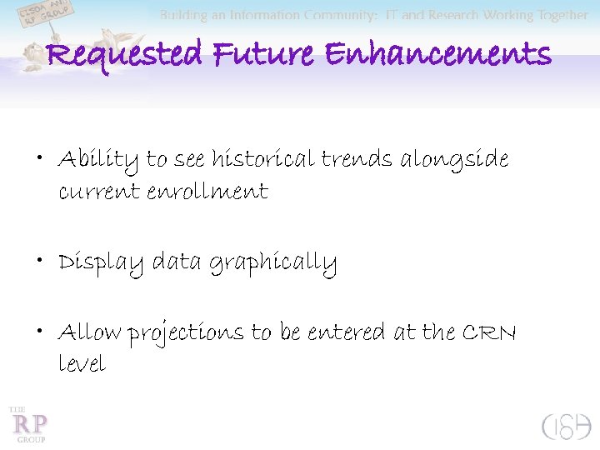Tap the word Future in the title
click(265, 56)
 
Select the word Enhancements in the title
click(437, 56)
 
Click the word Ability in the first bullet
click(99, 159)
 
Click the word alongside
click(454, 159)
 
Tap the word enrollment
click(207, 192)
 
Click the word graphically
click(272, 264)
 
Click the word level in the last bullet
click(82, 364)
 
